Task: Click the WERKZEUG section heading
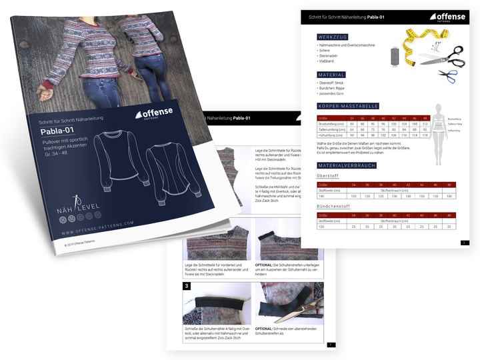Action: pyautogui.click(x=332, y=36)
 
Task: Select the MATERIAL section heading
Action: pyautogui.click(x=331, y=75)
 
